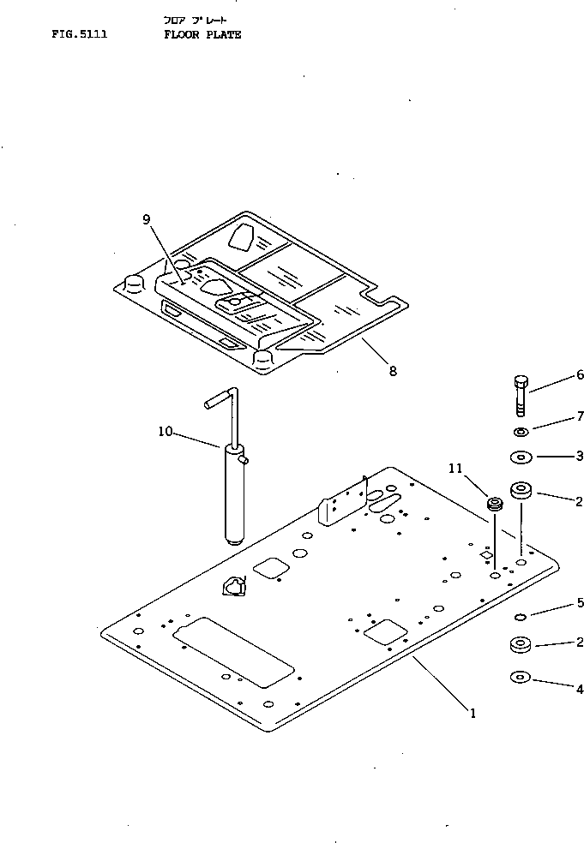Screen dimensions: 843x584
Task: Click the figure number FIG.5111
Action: [x=79, y=35]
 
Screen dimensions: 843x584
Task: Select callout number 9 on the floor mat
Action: [x=147, y=219]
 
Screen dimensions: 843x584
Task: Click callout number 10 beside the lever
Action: [x=165, y=432]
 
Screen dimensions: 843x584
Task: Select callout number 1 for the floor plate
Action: [x=471, y=712]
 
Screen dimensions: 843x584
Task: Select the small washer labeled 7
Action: [x=521, y=431]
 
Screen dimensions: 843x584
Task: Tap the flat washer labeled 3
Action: [x=521, y=457]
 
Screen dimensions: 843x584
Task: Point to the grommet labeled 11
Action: [x=494, y=504]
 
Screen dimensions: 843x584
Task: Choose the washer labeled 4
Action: [x=520, y=679]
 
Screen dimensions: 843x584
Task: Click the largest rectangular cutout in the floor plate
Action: [x=233, y=652]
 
